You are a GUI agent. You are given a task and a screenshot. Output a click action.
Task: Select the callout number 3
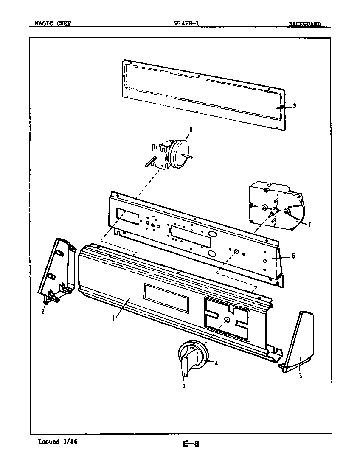[300, 375]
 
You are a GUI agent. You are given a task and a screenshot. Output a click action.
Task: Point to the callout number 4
[217, 363]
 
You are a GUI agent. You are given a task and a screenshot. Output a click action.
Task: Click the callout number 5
[183, 385]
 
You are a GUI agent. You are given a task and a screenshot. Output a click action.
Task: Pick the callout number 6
[293, 256]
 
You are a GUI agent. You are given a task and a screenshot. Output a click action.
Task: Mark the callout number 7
[309, 225]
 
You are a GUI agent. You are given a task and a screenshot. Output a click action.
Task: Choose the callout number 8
[191, 131]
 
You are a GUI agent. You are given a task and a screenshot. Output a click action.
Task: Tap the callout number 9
[294, 106]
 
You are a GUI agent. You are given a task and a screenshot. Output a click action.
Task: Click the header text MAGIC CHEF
[50, 24]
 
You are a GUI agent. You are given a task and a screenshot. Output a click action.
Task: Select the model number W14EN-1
[187, 24]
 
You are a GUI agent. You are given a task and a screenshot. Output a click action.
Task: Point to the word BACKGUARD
[305, 24]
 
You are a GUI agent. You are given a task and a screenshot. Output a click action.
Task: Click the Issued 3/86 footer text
[58, 441]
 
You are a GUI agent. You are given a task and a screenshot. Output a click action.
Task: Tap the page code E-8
[191, 444]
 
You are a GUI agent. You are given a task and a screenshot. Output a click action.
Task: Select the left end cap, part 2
[58, 267]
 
